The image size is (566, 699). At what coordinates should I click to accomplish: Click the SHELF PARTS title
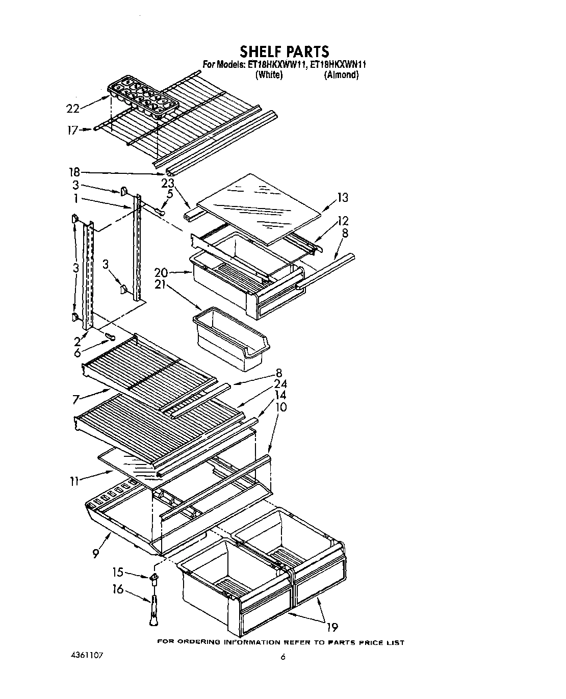[x=284, y=51]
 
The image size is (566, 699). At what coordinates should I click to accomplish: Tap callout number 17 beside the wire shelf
[x=73, y=130]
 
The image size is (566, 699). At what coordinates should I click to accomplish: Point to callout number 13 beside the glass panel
[x=343, y=197]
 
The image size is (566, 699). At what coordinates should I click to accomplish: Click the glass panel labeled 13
[x=260, y=206]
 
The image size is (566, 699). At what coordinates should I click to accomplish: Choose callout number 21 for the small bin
[x=161, y=286]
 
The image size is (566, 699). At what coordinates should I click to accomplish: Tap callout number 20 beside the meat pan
[x=161, y=273]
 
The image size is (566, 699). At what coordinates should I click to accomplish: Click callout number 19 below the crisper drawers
[x=332, y=627]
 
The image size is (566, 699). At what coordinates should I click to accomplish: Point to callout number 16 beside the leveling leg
[x=118, y=589]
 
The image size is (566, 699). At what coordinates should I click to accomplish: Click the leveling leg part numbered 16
[x=153, y=609]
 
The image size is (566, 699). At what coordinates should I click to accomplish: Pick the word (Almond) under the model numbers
[x=341, y=75]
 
